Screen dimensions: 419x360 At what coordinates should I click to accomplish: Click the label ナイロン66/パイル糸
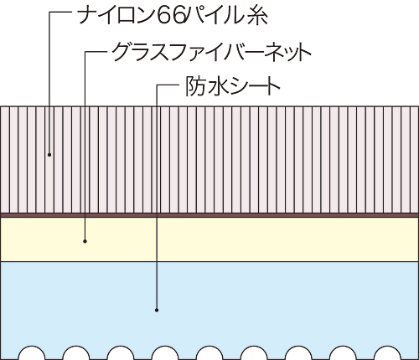pos(173,15)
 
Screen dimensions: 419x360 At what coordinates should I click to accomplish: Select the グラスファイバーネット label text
pos(212,52)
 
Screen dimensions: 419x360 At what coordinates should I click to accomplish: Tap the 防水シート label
pos(233,86)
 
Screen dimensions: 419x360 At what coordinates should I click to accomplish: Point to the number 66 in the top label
pos(169,16)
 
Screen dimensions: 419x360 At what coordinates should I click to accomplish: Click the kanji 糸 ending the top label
pos(257,16)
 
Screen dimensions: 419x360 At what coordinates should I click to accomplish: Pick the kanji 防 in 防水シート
pos(195,86)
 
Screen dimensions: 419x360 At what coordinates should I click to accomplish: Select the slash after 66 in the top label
pos(185,16)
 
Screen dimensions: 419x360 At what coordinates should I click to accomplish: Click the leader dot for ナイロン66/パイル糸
pos(49,154)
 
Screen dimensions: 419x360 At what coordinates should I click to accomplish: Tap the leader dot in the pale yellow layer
pos(85,241)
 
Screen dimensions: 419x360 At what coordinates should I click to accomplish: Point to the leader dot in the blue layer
pos(157,310)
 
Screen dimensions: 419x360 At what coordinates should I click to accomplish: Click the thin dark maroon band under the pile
pos(209,215)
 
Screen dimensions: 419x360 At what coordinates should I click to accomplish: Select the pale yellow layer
pos(209,239)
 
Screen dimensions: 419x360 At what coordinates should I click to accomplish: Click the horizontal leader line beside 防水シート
pos(167,85)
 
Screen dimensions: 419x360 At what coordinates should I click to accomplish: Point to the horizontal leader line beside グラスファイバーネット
pos(96,52)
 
